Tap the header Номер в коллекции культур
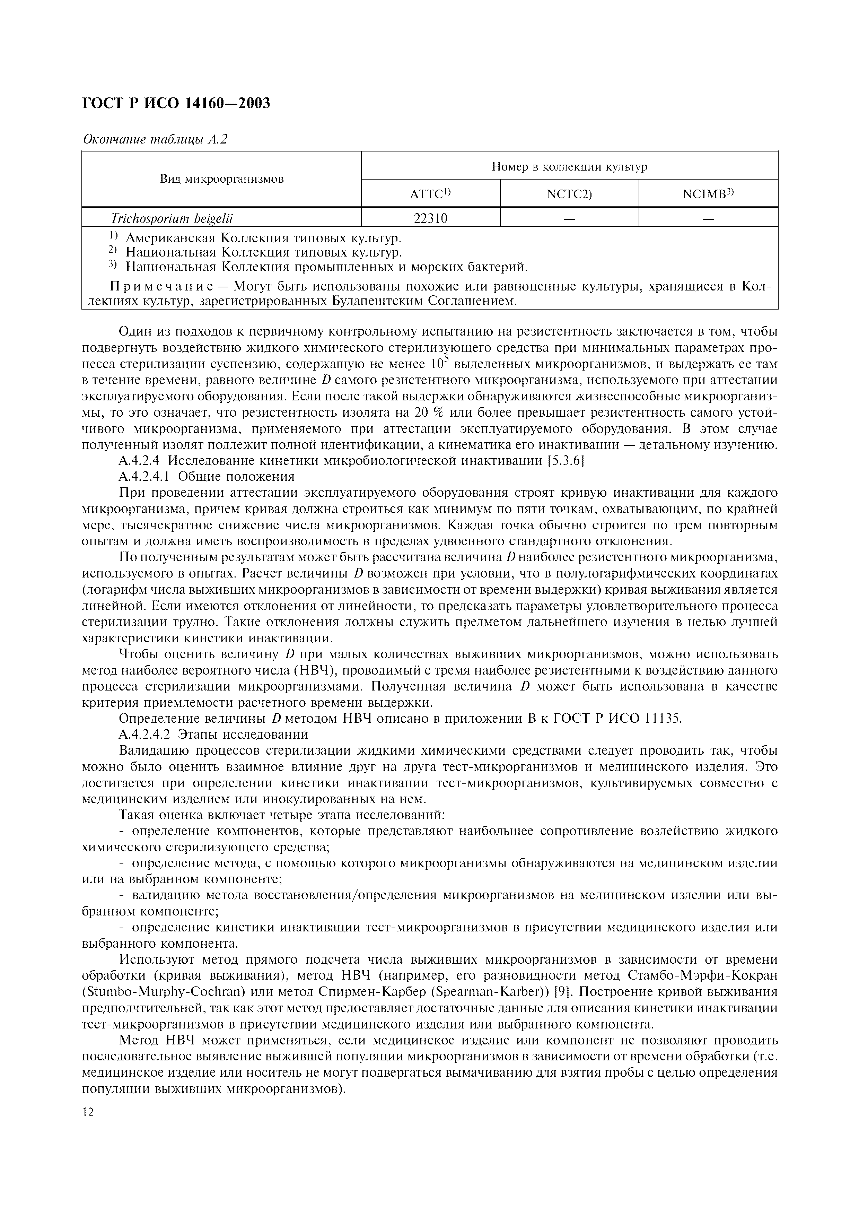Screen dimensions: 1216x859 coord(570,167)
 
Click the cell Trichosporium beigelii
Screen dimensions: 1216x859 coord(172,218)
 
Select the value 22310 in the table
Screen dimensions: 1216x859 coord(430,218)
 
